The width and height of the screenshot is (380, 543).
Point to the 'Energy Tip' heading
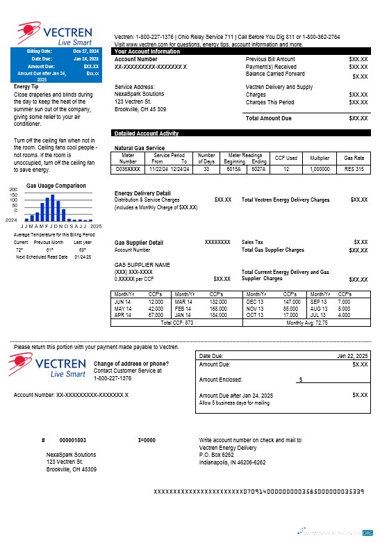28,87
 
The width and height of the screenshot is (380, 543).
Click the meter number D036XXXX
129,169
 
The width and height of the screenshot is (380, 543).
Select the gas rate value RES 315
354,169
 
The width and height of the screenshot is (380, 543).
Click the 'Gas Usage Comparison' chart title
56,186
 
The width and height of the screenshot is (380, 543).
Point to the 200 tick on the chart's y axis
13,189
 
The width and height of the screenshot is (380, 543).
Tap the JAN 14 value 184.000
218,315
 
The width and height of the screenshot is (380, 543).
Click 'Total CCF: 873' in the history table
176,323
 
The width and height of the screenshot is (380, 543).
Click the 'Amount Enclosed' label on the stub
220,380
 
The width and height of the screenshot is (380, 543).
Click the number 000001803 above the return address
73,440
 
